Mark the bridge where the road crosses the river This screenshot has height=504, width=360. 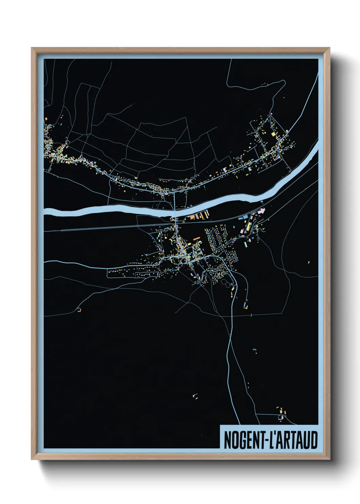click(x=175, y=213)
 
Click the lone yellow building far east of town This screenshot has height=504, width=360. click(x=309, y=262)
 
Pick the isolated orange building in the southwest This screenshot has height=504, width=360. click(x=80, y=310)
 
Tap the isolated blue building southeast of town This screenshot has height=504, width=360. click(x=254, y=350)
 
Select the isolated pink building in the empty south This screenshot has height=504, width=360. click(x=195, y=396)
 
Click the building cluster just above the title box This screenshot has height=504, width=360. click(x=281, y=412)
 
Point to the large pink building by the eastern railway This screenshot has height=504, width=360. click(x=261, y=212)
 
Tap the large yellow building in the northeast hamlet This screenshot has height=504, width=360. click(x=273, y=134)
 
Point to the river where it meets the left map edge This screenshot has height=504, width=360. click(x=46, y=213)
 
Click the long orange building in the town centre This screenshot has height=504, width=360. click(x=196, y=239)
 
